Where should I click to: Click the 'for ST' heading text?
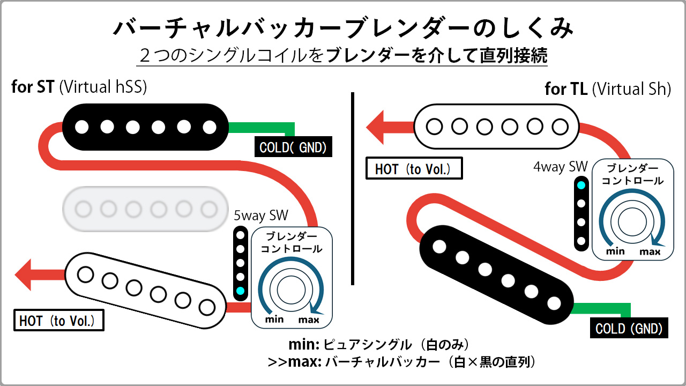point(33,87)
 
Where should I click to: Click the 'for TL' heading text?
point(566,89)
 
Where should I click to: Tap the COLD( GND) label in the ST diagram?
point(293,147)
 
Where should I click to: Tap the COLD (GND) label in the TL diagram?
point(629,328)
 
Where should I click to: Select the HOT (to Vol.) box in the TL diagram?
point(413,169)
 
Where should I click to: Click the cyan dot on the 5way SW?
point(240,291)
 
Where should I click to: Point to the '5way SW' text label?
point(261,216)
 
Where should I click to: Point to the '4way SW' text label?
point(561,167)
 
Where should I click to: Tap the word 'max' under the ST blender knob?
point(309,320)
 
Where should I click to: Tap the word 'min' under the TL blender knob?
point(616,251)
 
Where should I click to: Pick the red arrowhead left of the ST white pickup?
point(26,275)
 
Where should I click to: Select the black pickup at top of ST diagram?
point(145,127)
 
